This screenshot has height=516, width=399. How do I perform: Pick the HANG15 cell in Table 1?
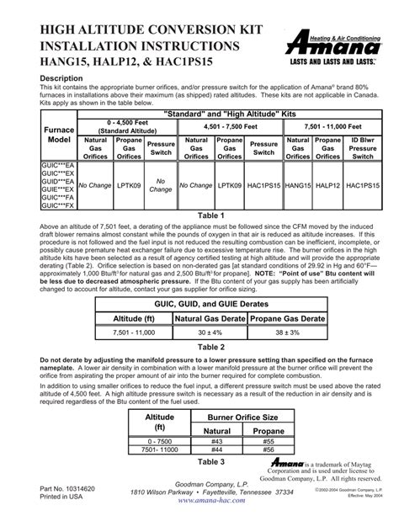298,184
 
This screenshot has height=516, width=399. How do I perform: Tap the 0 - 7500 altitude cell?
161,443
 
